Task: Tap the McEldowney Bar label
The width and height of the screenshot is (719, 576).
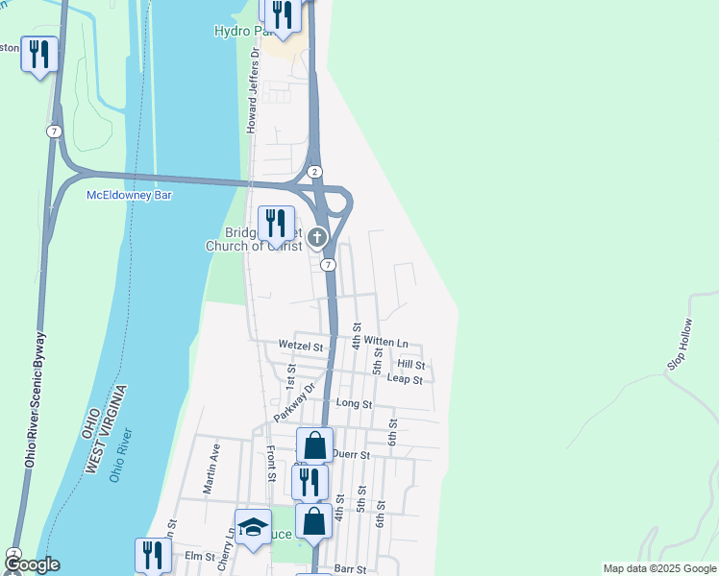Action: pos(130,195)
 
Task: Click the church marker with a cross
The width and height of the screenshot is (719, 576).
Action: pos(317,238)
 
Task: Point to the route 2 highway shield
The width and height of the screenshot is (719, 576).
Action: pos(314,172)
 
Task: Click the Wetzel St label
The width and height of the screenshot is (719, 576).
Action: pos(297,344)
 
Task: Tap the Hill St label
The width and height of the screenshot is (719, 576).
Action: pos(410,365)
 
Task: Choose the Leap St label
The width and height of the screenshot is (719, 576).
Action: pos(405,379)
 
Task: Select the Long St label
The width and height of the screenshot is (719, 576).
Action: pos(354,404)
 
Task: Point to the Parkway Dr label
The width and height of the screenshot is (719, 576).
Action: pos(294,403)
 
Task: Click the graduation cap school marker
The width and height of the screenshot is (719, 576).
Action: pos(253,527)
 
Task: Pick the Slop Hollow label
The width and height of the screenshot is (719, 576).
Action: pos(680,345)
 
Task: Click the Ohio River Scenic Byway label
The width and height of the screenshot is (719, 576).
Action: pos(34,399)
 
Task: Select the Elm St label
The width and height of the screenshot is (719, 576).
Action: pos(198,556)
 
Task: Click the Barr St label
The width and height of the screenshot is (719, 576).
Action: pos(351,569)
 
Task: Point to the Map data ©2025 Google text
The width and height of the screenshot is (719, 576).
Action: pos(658,568)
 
